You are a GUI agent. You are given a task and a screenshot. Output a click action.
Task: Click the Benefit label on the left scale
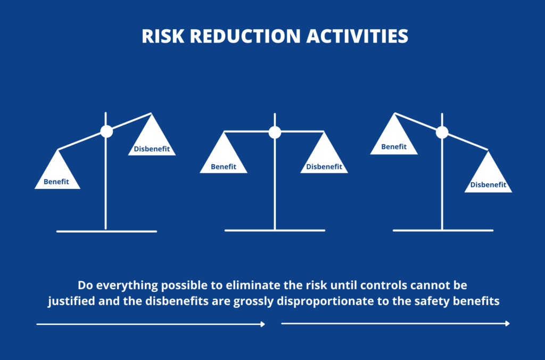pyautogui.click(x=56, y=182)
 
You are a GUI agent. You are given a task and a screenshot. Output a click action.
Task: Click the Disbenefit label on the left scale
pyautogui.click(x=152, y=149)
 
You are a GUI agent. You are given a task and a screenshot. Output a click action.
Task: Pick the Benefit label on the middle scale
pyautogui.click(x=224, y=167)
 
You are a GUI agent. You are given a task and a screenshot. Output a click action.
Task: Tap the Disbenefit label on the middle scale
pyautogui.click(x=324, y=167)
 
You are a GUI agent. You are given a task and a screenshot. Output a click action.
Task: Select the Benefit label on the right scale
pyautogui.click(x=394, y=147)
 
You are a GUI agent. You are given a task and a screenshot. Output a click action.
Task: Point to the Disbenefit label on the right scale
pyautogui.click(x=488, y=185)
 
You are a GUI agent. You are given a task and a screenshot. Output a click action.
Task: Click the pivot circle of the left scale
pyautogui.click(x=106, y=132)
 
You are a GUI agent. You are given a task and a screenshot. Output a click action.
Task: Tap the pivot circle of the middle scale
pyautogui.click(x=275, y=132)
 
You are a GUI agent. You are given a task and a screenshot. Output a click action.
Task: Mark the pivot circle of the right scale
pyautogui.click(x=442, y=132)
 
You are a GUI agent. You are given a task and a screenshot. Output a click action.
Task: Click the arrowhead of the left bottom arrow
pyautogui.click(x=262, y=324)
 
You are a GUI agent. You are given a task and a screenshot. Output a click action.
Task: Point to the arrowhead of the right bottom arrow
pyautogui.click(x=507, y=323)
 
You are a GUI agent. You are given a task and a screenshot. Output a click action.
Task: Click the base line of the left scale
pyautogui.click(x=106, y=231)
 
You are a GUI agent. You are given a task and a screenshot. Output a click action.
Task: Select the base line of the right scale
pyautogui.click(x=443, y=231)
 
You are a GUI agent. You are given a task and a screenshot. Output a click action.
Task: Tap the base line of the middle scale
pyautogui.click(x=275, y=231)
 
